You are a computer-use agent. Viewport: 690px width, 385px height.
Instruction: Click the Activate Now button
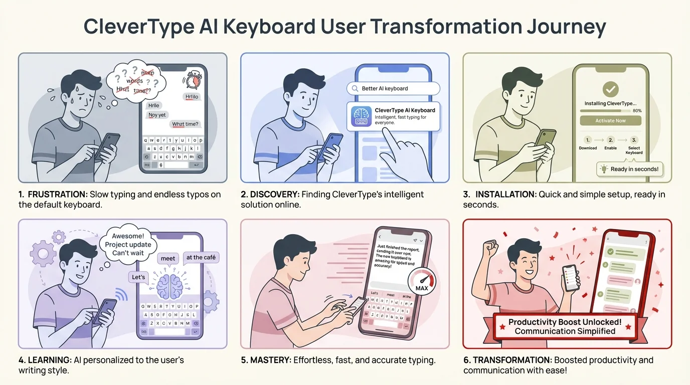(x=610, y=121)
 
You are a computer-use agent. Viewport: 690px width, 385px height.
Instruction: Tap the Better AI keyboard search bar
(x=393, y=89)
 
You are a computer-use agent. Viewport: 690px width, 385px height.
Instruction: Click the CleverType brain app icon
(x=361, y=116)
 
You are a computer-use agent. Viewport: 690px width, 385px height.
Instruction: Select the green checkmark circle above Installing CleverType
(x=610, y=90)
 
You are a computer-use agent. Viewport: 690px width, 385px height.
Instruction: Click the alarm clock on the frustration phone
(x=192, y=80)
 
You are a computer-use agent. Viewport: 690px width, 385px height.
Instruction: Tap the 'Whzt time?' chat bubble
(x=185, y=124)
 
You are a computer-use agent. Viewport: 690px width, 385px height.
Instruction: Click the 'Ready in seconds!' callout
(x=630, y=169)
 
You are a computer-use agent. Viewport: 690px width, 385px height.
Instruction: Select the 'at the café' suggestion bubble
(x=201, y=258)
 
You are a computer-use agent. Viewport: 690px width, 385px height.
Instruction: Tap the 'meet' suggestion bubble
(x=168, y=259)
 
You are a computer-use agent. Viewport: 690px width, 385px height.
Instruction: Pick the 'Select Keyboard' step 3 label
(x=634, y=150)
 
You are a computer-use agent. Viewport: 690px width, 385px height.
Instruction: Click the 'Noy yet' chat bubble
(x=157, y=115)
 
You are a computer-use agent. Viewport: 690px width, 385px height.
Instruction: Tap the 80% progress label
(x=637, y=110)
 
